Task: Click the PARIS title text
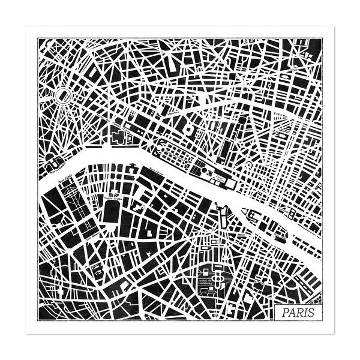297,313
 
